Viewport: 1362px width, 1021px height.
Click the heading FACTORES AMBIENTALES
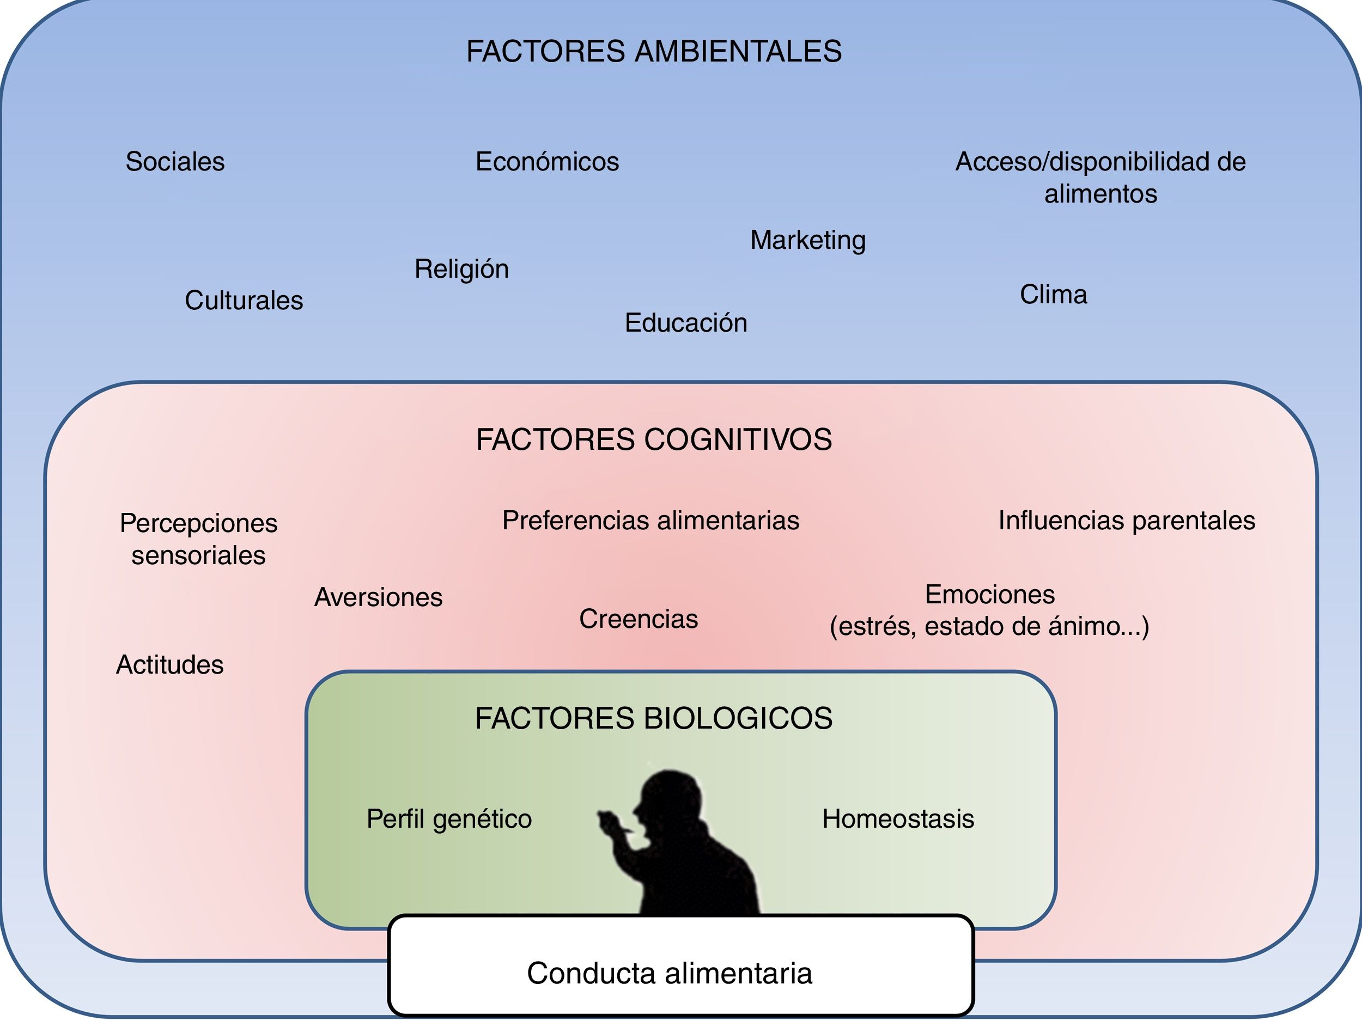[654, 51]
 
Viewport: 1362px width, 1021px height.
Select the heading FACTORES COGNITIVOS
[654, 439]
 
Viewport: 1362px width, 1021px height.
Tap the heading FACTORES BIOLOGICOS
[654, 718]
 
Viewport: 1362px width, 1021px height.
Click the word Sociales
[175, 162]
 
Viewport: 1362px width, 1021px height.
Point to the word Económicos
[547, 162]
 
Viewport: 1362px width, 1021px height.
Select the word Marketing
[808, 240]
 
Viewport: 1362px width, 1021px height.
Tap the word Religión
[461, 269]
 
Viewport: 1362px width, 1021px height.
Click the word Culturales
[244, 301]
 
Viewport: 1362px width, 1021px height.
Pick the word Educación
[686, 323]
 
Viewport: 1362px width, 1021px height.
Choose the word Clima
[1053, 294]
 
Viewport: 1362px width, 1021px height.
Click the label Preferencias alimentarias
[651, 521]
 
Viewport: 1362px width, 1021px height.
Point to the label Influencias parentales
[1126, 521]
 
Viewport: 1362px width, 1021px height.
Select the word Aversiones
[378, 597]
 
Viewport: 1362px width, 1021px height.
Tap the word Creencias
[639, 619]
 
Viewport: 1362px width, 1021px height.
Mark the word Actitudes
[170, 665]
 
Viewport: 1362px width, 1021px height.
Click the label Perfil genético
[449, 819]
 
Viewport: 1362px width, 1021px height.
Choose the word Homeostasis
[898, 819]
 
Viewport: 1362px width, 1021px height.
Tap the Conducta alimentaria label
[670, 973]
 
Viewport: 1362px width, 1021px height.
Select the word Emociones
[989, 595]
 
